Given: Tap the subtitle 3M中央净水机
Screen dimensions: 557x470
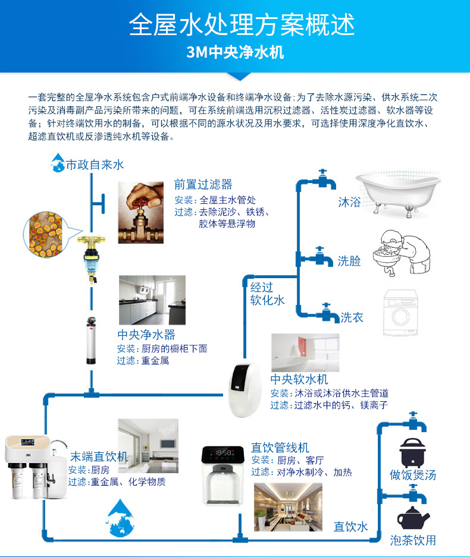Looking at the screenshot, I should pyautogui.click(x=235, y=53).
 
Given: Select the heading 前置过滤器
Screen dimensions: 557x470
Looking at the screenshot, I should pyautogui.click(x=203, y=185).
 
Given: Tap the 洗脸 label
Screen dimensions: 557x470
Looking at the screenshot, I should pyautogui.click(x=349, y=260).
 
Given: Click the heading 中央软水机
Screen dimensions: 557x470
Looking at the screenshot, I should pyautogui.click(x=299, y=379).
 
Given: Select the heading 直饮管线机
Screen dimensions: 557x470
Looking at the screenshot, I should pyautogui.click(x=280, y=447).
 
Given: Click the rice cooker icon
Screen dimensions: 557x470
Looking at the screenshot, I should pyautogui.click(x=412, y=452).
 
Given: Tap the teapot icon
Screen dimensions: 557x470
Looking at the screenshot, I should pyautogui.click(x=412, y=518).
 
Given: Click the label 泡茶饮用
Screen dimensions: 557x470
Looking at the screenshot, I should pyautogui.click(x=413, y=540).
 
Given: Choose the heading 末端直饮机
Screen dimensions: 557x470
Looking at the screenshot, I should pyautogui.click(x=99, y=456).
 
